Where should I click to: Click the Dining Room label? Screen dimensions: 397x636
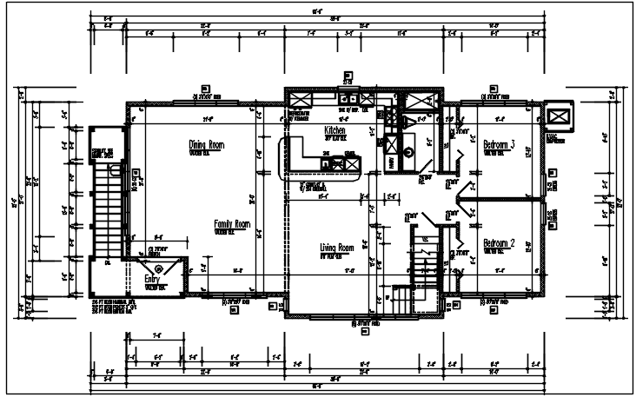point(206,145)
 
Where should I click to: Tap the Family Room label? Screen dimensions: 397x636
point(232,224)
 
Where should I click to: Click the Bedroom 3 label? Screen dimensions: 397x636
point(500,145)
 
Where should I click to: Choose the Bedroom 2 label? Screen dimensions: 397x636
point(500,243)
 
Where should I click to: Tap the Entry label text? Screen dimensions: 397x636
point(151,280)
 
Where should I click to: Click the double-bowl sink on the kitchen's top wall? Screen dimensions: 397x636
point(348,98)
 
